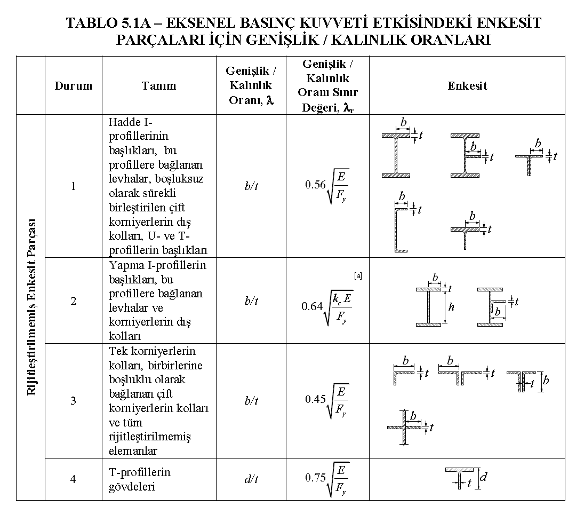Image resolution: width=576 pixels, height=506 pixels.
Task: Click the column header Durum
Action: (x=73, y=85)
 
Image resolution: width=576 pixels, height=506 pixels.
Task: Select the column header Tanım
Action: (x=159, y=85)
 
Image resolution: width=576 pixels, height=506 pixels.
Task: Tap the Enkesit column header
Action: (x=467, y=85)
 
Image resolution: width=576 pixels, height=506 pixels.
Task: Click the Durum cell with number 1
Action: (x=73, y=186)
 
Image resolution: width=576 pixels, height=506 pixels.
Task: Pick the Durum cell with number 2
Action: (x=73, y=301)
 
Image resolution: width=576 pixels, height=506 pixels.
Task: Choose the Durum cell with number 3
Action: (x=73, y=400)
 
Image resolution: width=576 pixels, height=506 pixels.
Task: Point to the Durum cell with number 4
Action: (x=73, y=479)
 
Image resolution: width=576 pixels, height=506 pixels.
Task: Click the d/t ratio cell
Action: (x=251, y=479)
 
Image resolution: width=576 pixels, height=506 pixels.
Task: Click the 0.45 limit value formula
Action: (x=327, y=400)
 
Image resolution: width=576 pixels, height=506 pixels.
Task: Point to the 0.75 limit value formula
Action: (x=327, y=479)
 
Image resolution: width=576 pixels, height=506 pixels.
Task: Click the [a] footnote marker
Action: (x=358, y=276)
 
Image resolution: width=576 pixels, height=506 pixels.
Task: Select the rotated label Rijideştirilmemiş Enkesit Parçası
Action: (x=31, y=307)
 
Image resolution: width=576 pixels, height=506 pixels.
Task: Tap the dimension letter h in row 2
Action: (x=451, y=307)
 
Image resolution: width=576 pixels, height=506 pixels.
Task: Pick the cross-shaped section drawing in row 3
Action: (x=405, y=427)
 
